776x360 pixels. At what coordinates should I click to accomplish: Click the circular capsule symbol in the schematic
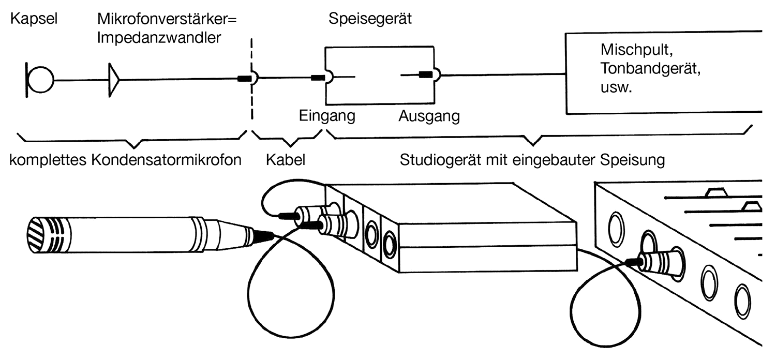pyautogui.click(x=41, y=80)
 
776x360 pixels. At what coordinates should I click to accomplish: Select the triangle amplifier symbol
pyautogui.click(x=114, y=80)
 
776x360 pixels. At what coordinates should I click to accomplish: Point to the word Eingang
pyautogui.click(x=327, y=116)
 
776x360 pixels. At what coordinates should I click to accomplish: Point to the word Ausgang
pyautogui.click(x=429, y=116)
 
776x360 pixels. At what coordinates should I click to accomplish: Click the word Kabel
pyautogui.click(x=286, y=160)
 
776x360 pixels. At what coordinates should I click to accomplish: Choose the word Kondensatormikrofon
pyautogui.click(x=167, y=160)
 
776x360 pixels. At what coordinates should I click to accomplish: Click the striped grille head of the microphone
pyautogui.click(x=39, y=235)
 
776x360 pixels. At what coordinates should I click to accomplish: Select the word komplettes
pyautogui.click(x=49, y=160)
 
